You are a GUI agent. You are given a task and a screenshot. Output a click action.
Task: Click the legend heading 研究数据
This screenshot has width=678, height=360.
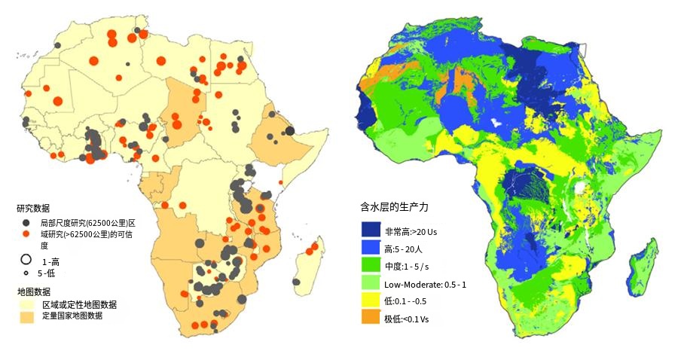coord(33,208)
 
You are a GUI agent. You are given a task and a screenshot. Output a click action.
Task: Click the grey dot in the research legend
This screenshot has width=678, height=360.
coord(25,224)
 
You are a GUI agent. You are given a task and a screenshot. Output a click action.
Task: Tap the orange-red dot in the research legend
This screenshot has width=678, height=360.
coord(25,235)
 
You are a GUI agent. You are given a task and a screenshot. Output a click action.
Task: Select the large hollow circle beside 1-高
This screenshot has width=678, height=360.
coord(26,259)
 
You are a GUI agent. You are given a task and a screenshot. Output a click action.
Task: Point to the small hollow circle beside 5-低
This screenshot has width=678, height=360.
coord(26,273)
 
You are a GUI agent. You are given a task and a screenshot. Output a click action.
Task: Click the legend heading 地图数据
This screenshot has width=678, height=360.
coord(33,291)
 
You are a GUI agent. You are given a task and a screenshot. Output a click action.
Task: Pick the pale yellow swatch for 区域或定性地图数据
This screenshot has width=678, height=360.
coord(28,304)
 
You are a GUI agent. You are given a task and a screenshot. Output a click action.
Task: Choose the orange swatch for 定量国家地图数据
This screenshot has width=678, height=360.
coord(28,316)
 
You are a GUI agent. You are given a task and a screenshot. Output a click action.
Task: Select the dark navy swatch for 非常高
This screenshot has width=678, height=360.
coord(371,230)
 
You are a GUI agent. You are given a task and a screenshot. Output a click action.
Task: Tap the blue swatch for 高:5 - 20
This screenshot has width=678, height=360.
coord(371,248)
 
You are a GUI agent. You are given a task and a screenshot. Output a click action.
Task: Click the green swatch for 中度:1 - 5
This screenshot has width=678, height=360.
coord(371,266)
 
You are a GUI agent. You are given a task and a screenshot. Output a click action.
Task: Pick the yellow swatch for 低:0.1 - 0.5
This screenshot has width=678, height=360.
coord(371,301)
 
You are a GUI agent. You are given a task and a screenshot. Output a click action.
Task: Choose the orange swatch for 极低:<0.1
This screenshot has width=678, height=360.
coord(371,319)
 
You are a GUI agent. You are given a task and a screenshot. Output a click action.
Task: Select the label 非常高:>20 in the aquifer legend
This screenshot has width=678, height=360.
coord(411,231)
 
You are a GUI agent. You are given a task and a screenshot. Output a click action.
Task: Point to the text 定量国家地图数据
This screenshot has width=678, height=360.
coord(72,316)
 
